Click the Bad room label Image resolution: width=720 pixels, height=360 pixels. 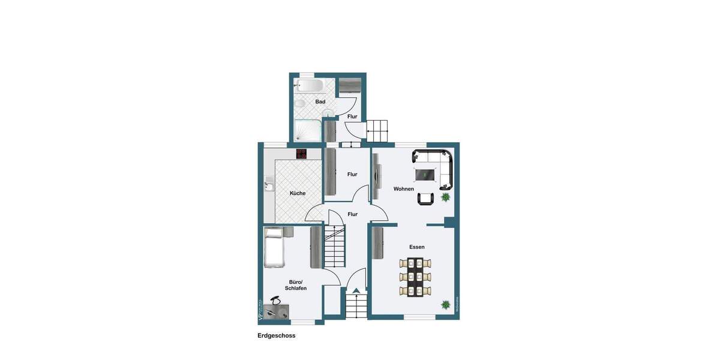click(x=320, y=101)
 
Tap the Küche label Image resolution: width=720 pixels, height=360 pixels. click(x=298, y=193)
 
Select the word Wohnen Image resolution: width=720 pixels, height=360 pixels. click(x=404, y=189)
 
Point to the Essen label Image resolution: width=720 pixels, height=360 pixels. click(x=417, y=247)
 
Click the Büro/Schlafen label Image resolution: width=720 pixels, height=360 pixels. click(x=296, y=285)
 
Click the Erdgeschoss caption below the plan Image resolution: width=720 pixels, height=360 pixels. click(x=276, y=335)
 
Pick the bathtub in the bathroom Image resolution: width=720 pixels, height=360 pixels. click(x=310, y=85)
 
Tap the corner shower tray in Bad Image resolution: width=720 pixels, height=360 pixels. click(x=307, y=130)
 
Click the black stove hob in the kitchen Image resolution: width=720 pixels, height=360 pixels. click(x=301, y=154)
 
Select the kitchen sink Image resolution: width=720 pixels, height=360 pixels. click(x=269, y=187)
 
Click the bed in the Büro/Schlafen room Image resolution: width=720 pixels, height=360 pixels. click(x=274, y=247)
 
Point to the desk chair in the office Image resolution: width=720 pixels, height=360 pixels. click(x=275, y=300)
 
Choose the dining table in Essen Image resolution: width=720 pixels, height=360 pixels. click(x=415, y=277)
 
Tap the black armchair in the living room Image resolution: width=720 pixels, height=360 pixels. click(x=425, y=199)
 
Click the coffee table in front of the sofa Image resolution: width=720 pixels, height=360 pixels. click(x=425, y=175)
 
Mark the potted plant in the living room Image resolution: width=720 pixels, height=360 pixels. click(x=446, y=197)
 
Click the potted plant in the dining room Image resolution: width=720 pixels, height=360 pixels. click(x=446, y=305)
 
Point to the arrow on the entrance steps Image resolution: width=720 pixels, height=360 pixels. click(x=356, y=291)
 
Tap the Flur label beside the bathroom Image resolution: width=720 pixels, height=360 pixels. click(x=352, y=116)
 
